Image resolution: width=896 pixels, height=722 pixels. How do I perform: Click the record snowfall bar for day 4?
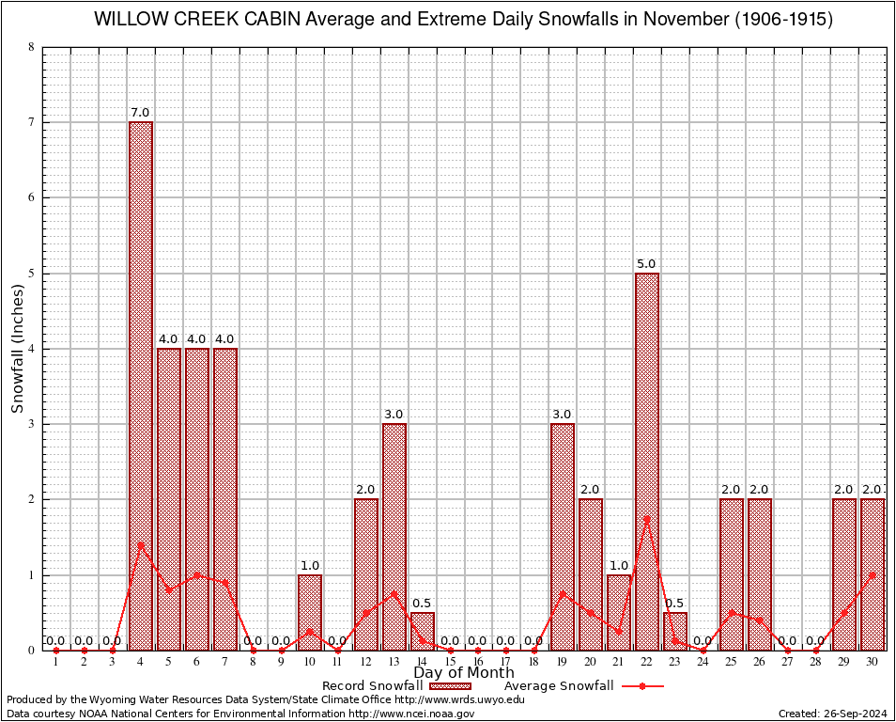pyautogui.click(x=141, y=385)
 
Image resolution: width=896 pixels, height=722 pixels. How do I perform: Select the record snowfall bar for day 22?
pyautogui.click(x=647, y=461)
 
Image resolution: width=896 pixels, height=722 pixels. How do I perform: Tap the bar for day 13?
pyautogui.click(x=394, y=536)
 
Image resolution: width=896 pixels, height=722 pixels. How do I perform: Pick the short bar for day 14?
pyautogui.click(x=423, y=631)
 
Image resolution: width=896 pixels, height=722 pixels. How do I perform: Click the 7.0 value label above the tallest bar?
pyautogui.click(x=141, y=113)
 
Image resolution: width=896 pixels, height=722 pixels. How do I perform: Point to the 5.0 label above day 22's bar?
pyautogui.click(x=646, y=264)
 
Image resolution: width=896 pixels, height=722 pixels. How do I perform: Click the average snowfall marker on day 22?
pyautogui.click(x=647, y=518)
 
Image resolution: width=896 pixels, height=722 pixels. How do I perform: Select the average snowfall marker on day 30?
pyautogui.click(x=873, y=574)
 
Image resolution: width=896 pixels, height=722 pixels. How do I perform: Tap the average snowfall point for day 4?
pyautogui.click(x=141, y=544)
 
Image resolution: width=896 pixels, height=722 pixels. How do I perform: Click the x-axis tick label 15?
pyautogui.click(x=451, y=663)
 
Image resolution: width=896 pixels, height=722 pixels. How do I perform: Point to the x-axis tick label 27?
pyautogui.click(x=788, y=663)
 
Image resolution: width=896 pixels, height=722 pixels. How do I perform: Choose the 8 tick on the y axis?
pyautogui.click(x=32, y=47)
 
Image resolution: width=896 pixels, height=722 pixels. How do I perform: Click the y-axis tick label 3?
pyautogui.click(x=32, y=424)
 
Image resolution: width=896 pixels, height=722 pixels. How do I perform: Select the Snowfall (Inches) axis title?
pyautogui.click(x=18, y=348)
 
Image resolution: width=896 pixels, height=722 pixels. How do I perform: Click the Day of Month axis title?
pyautogui.click(x=463, y=673)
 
